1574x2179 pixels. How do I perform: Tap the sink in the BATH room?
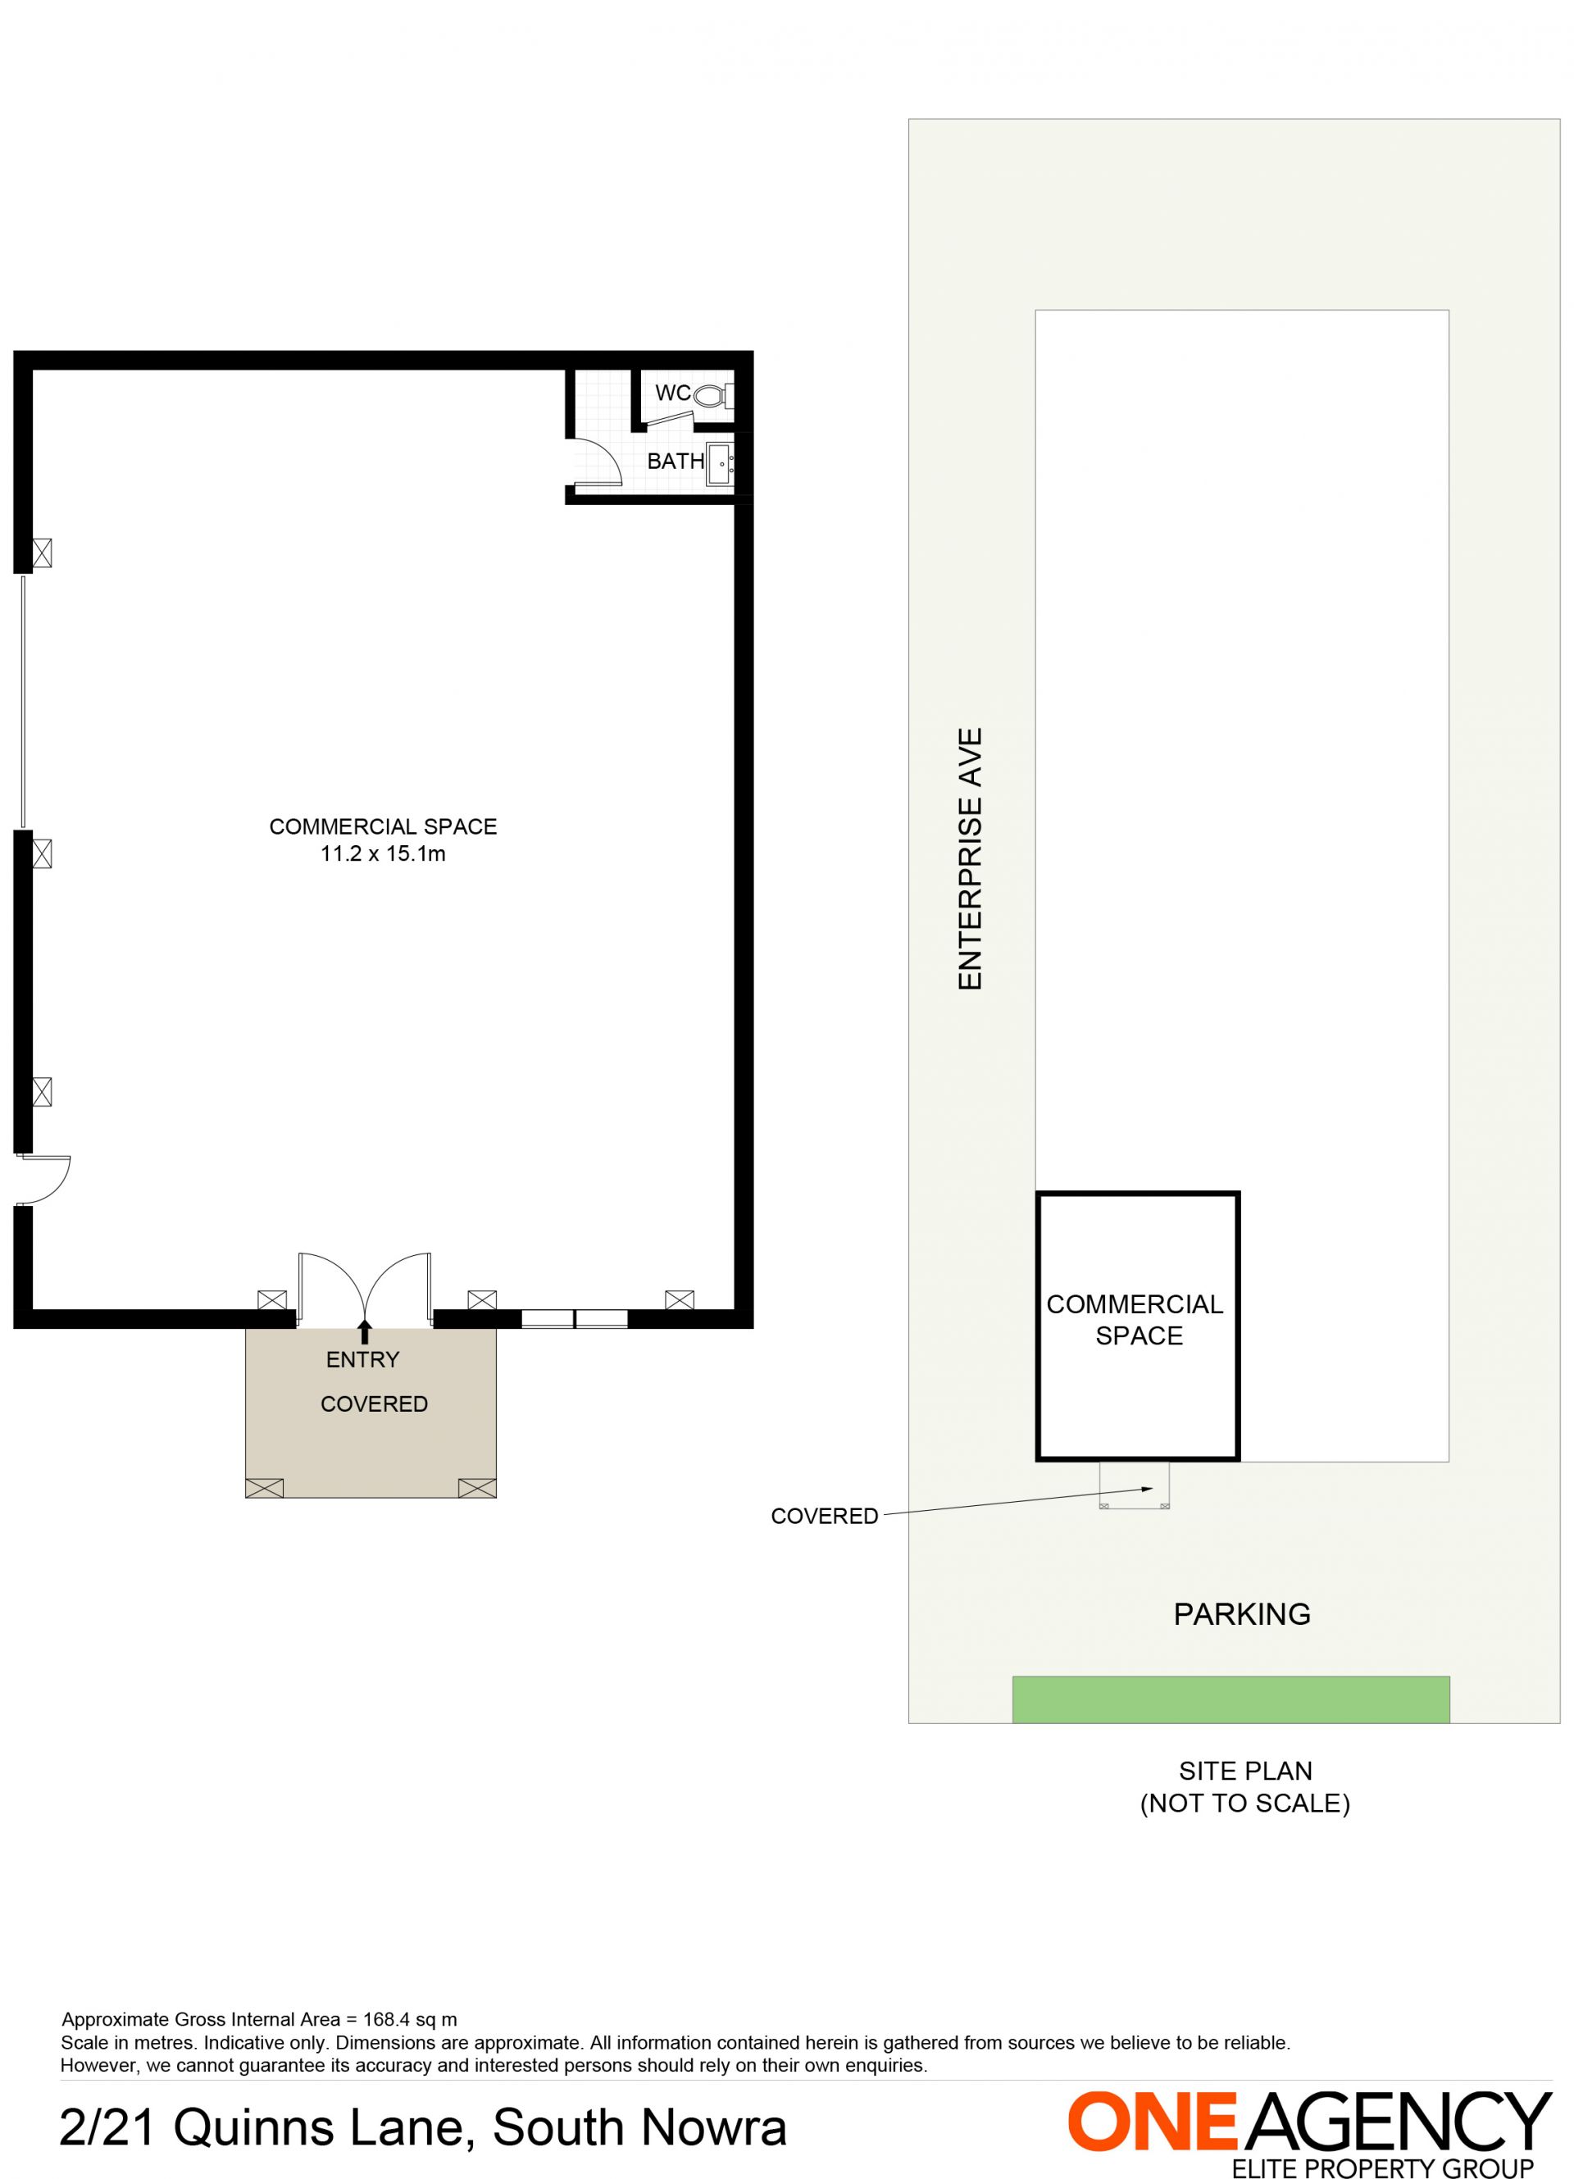720,464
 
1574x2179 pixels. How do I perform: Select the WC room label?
673,392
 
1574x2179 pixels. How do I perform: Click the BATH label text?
676,462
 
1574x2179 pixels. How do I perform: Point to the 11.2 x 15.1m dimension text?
383,853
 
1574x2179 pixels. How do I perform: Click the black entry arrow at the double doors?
364,1331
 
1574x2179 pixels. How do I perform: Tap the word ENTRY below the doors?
362,1359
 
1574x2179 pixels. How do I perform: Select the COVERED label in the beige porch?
374,1403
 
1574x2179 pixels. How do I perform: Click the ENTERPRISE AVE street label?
971,859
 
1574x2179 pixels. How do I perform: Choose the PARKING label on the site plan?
1241,1614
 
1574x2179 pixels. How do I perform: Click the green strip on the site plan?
1231,1699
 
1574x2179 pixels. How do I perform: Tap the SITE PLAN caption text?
1245,1771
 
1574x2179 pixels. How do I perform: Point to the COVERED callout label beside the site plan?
825,1516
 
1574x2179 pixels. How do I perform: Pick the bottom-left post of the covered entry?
264,1488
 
